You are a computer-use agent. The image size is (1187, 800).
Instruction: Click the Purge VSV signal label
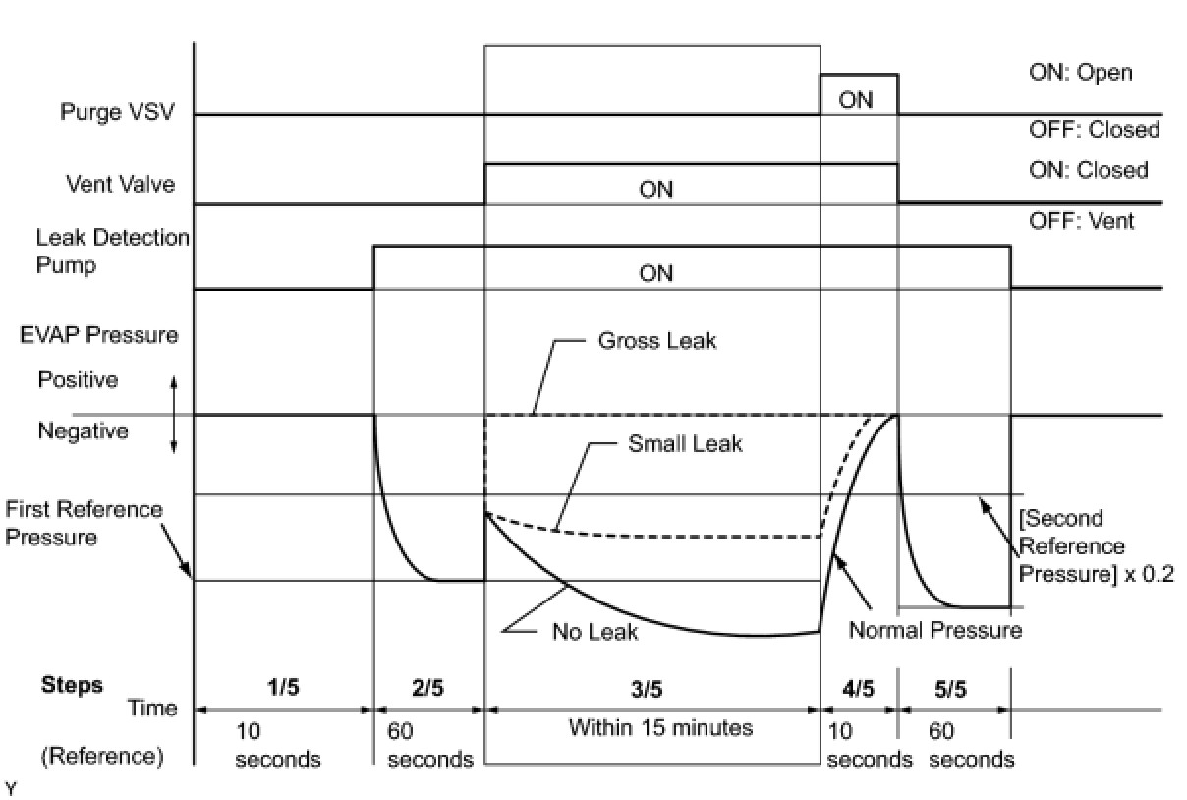[x=117, y=112]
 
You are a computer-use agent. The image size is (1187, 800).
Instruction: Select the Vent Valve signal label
[x=120, y=184]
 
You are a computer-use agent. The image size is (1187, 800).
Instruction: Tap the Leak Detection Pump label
[x=112, y=252]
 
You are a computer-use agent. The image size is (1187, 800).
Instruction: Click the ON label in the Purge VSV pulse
[x=856, y=100]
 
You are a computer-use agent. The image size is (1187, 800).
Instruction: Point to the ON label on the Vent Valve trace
[x=655, y=189]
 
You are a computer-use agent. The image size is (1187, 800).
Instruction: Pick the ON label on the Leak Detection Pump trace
[x=655, y=273]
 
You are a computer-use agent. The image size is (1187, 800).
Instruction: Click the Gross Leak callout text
[x=657, y=341]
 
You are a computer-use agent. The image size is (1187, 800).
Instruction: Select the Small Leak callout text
[x=685, y=443]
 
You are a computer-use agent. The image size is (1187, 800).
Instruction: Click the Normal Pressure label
[x=934, y=630]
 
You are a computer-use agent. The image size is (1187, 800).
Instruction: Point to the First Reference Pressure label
[x=84, y=523]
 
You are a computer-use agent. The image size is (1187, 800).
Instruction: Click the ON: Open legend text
[x=1080, y=73]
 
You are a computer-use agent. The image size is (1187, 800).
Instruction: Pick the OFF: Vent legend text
[x=1081, y=221]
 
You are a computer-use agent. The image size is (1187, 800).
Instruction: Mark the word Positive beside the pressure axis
[x=78, y=379]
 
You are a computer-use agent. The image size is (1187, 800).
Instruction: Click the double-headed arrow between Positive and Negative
[x=174, y=416]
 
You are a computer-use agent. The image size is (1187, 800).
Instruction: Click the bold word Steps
[x=72, y=684]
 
